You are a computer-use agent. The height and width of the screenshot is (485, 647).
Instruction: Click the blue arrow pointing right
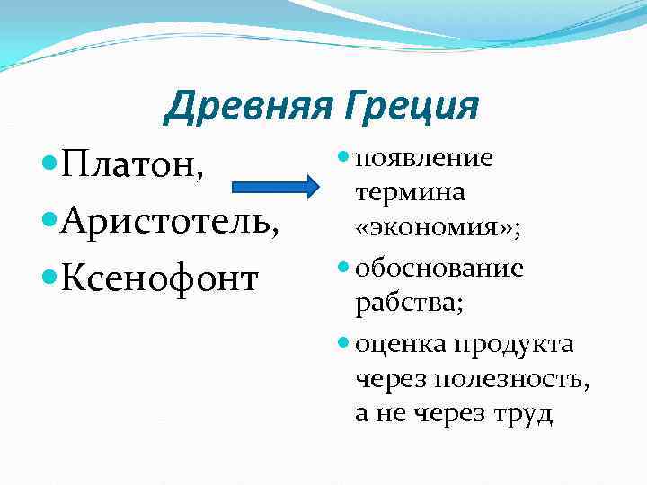point(276,188)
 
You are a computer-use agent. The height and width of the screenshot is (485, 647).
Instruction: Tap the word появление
point(424,158)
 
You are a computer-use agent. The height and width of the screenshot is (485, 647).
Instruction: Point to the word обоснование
point(439,268)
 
